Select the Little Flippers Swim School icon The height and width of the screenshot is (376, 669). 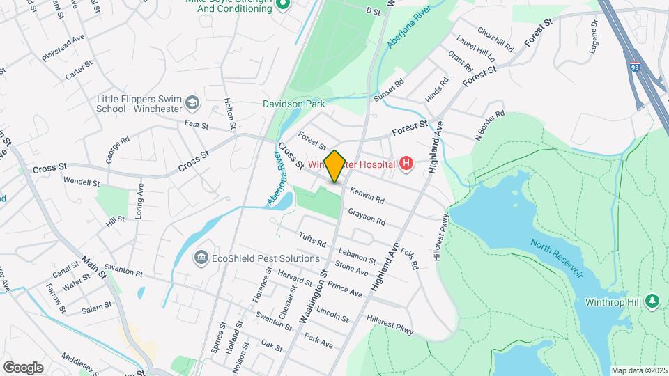click(x=191, y=104)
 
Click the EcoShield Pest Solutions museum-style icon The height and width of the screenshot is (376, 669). click(x=201, y=258)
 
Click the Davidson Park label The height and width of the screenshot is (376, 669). click(x=294, y=104)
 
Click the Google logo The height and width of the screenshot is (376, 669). click(x=23, y=367)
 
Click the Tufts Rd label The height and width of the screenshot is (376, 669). click(x=312, y=240)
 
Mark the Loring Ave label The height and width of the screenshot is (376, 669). click(x=139, y=201)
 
